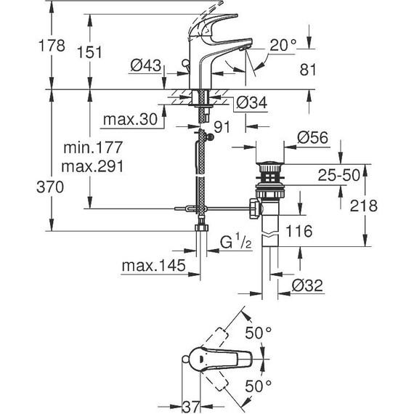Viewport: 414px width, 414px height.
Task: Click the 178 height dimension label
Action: [52, 46]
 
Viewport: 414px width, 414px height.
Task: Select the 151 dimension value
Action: [89, 52]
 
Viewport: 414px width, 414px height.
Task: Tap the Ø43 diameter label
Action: [145, 65]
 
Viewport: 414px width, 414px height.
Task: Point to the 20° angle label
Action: [283, 45]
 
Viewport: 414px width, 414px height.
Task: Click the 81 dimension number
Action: [308, 70]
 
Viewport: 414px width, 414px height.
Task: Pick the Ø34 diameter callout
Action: [251, 102]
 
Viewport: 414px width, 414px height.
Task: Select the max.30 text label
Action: [131, 119]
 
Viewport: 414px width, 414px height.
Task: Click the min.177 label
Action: [93, 147]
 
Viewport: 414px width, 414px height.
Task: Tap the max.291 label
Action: [92, 166]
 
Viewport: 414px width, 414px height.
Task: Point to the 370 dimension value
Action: [50, 187]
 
